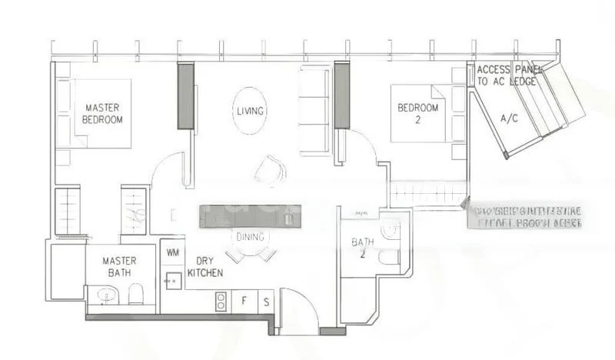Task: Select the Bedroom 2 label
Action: [417, 113]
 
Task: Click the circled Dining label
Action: [251, 237]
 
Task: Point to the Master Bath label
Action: [118, 266]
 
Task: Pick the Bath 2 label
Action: [362, 247]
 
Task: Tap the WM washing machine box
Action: [171, 252]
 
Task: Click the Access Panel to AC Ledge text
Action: [507, 75]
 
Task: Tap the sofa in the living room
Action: [313, 104]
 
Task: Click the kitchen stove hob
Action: [221, 300]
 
